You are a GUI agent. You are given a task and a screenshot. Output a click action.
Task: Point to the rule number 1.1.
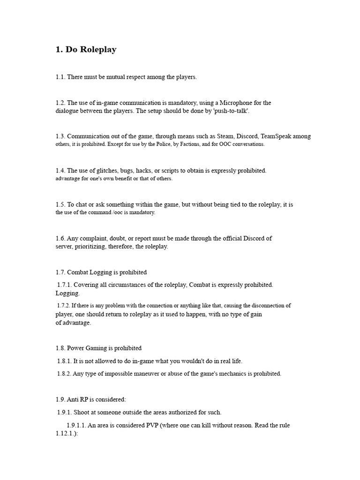(x=60, y=77)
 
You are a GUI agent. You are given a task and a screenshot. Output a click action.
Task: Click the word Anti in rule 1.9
(x=74, y=399)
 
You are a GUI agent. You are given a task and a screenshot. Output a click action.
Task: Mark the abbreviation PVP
(x=155, y=425)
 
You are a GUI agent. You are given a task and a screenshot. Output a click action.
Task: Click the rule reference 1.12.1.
(x=65, y=434)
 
